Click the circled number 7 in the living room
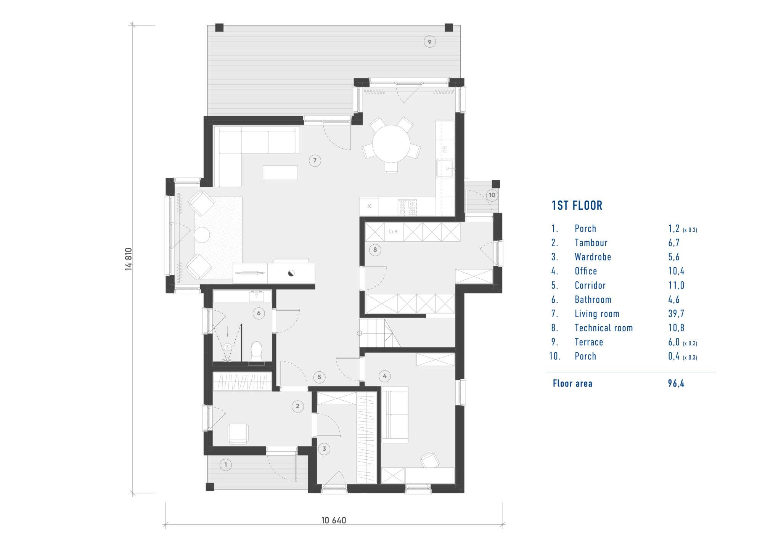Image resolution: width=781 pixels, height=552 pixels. (x=315, y=160)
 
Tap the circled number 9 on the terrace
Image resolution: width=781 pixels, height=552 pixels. (x=430, y=42)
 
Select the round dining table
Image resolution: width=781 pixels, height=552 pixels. (x=391, y=144)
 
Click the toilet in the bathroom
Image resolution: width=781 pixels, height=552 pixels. (x=257, y=352)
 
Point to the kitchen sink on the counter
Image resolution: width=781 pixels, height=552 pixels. (x=445, y=168)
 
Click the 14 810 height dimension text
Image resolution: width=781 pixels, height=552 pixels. (x=129, y=259)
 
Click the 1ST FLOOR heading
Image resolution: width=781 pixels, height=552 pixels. (x=577, y=205)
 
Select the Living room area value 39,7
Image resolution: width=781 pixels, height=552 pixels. (x=676, y=314)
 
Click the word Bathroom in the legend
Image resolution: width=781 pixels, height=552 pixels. (x=593, y=300)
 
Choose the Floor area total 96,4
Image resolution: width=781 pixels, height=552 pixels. (x=676, y=384)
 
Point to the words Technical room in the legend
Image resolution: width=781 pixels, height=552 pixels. (x=604, y=328)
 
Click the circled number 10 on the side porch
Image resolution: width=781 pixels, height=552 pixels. (x=492, y=195)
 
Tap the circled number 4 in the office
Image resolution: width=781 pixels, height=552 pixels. (x=384, y=376)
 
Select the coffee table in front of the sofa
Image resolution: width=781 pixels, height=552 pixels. (x=280, y=172)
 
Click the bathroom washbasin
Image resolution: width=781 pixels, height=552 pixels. (x=257, y=296)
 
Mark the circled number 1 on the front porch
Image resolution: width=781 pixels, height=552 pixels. (x=226, y=465)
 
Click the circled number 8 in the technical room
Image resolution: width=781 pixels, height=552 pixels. (x=375, y=250)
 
